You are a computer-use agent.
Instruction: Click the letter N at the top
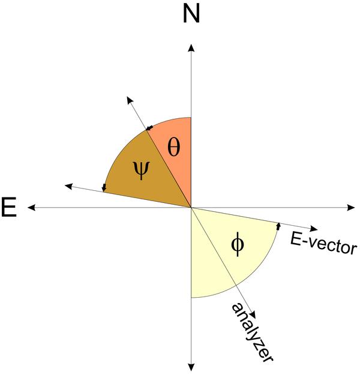click(191, 14)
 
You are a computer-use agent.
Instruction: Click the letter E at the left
click(9, 207)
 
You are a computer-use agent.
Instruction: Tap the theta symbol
click(173, 148)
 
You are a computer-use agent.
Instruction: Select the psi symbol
click(141, 170)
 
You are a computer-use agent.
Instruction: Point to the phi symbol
click(238, 244)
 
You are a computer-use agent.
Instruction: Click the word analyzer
click(252, 332)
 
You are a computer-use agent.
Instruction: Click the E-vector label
click(323, 243)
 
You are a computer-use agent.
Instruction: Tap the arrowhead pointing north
click(191, 47)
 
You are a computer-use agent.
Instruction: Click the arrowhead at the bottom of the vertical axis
click(191, 367)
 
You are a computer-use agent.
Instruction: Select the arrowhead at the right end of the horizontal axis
click(351, 208)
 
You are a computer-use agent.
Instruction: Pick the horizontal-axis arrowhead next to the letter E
click(31, 208)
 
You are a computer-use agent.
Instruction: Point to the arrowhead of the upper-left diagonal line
click(130, 100)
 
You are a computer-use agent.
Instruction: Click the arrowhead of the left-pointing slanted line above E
click(68, 186)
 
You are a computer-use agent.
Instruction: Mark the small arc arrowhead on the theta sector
click(149, 128)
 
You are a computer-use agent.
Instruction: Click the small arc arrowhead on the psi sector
click(104, 188)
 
